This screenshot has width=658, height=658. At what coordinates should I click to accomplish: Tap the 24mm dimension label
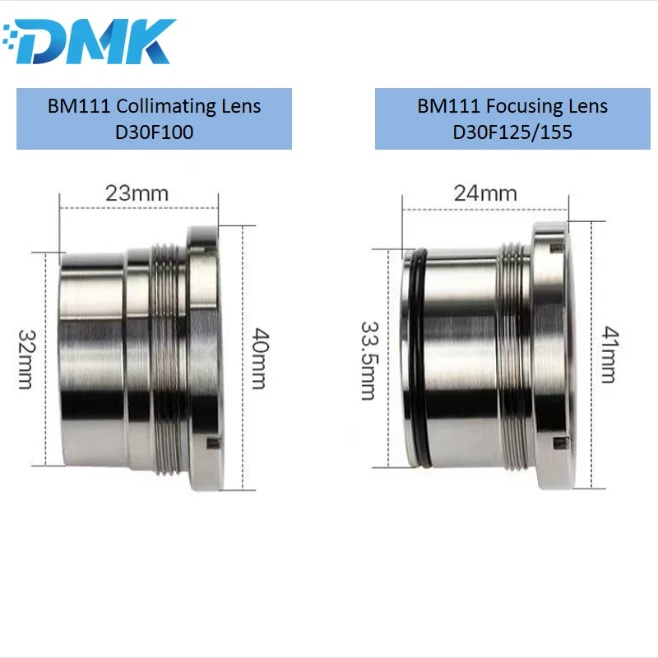pos(485,194)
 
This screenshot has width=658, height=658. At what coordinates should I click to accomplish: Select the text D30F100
pos(154,132)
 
